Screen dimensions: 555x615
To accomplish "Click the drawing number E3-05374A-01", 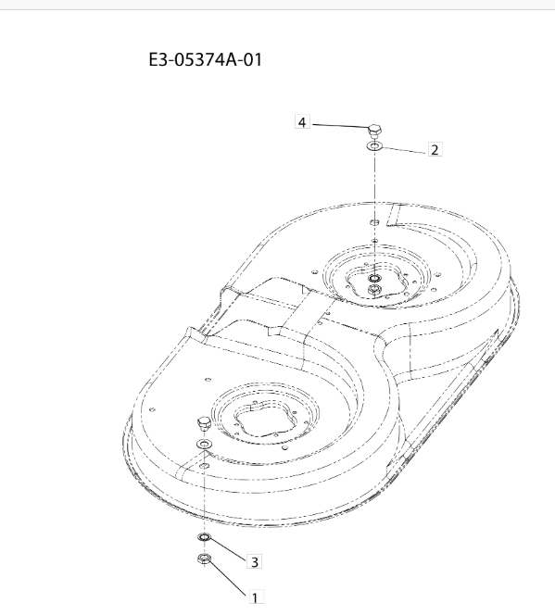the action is [205, 60].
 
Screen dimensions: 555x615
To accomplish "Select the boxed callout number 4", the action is [302, 122].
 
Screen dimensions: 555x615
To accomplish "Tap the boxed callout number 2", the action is [435, 149].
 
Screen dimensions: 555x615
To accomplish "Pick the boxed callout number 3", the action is [254, 561].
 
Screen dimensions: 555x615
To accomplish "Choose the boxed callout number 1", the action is [255, 597].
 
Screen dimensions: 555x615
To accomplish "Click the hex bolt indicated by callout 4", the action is [375, 131].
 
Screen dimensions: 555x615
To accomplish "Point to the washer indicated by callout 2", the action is [374, 146].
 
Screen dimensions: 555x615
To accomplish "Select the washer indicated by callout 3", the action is [204, 536].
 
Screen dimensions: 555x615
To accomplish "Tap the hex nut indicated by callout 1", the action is [204, 559].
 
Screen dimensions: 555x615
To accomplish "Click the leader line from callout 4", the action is [340, 126].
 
